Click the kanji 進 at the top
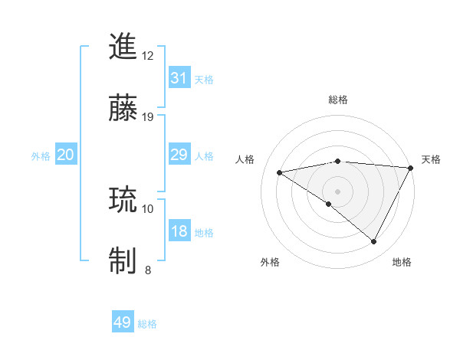click(123, 47)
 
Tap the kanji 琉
click(123, 201)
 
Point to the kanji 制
click(123, 260)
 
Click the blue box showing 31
click(179, 78)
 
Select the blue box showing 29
click(179, 155)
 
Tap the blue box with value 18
click(179, 231)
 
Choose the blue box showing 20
click(65, 155)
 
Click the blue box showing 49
click(122, 323)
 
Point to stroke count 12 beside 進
click(148, 56)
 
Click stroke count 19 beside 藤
click(148, 117)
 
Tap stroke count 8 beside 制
click(147, 270)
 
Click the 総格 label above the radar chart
click(337, 100)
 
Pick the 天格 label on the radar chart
click(431, 159)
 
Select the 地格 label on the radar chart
click(402, 262)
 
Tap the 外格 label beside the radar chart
click(270, 262)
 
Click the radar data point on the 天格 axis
click(410, 168)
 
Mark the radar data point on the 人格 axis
click(280, 172)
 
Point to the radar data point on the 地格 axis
click(374, 241)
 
